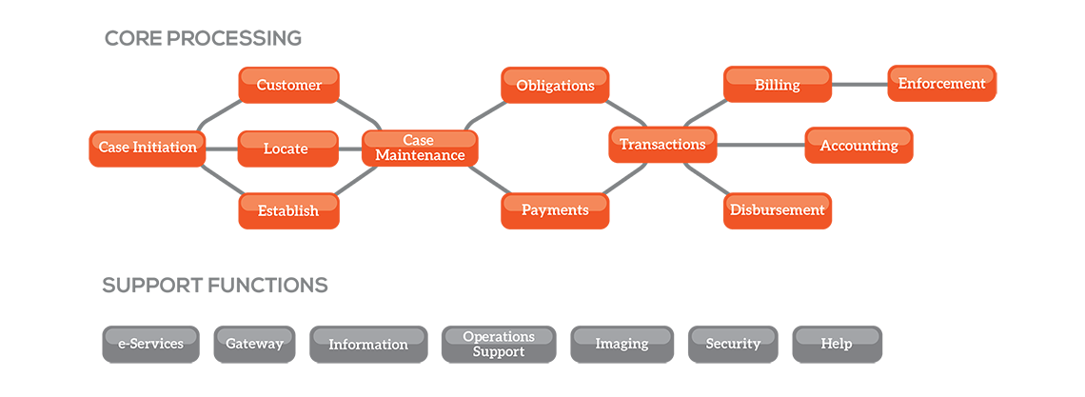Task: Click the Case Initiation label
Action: [x=148, y=147]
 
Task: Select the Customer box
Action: [x=288, y=84]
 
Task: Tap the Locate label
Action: [x=286, y=148]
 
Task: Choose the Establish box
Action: [x=287, y=209]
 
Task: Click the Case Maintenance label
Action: [x=419, y=148]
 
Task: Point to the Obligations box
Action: [x=555, y=85]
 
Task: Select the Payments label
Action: [x=555, y=208]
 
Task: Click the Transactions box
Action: [x=662, y=144]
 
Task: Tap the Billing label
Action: [x=777, y=84]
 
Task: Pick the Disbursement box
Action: [x=777, y=208]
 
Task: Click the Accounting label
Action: [x=858, y=145]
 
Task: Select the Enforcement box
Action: [x=941, y=83]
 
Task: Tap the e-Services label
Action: [x=150, y=343]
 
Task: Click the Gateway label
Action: [x=254, y=343]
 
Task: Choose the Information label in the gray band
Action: [x=367, y=344]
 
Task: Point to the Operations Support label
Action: [x=499, y=344]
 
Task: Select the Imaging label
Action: [x=621, y=343]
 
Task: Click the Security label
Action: [x=733, y=343]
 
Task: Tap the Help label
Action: [x=836, y=343]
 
